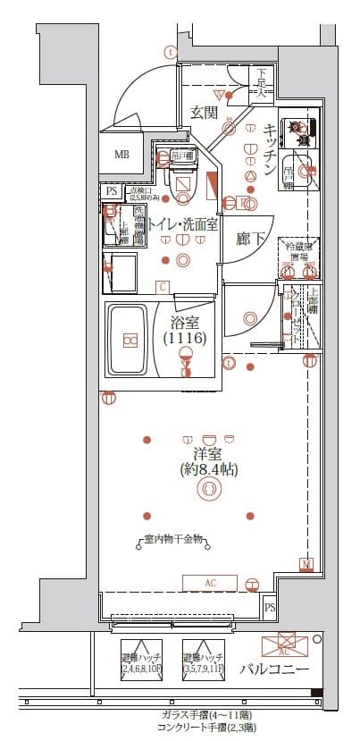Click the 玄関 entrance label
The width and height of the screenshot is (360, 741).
pyautogui.click(x=204, y=113)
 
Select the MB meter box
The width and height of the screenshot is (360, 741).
pyautogui.click(x=121, y=154)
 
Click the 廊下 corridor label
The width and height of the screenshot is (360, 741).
pyautogui.click(x=250, y=240)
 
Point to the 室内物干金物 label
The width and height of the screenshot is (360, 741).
pyautogui.click(x=174, y=540)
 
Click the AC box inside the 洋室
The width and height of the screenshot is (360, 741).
pyautogui.click(x=211, y=583)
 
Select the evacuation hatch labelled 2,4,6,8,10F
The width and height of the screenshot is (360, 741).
pyautogui.click(x=141, y=661)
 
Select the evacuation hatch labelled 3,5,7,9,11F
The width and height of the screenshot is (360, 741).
pyautogui.click(x=203, y=661)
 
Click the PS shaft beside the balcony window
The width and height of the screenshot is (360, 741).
pyautogui.click(x=270, y=608)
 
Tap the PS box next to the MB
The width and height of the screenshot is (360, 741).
pyautogui.click(x=112, y=190)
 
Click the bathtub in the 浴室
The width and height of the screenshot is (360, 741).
pyautogui.click(x=130, y=341)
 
